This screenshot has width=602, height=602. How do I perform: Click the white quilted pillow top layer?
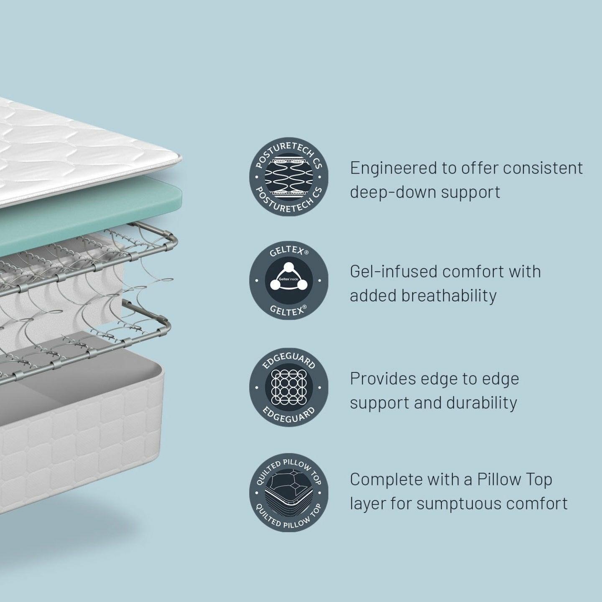point(84,155)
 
